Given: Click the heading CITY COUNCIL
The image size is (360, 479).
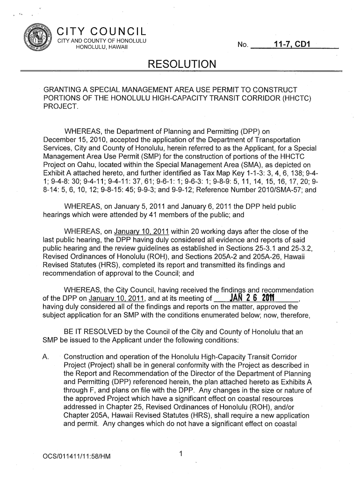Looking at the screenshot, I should click(101, 32).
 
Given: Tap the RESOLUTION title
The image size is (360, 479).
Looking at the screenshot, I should click(181, 64).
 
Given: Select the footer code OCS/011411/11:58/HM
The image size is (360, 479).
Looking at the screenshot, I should click(76, 456).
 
